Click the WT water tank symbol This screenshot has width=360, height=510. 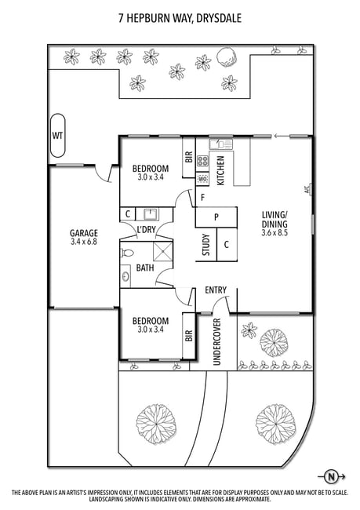57,135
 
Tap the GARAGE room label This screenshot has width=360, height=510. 84,233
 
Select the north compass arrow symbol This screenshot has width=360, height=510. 332,477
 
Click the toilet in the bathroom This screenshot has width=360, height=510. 127,253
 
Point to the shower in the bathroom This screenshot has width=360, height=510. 163,251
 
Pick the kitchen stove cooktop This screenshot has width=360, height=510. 202,160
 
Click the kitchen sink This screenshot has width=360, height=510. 221,144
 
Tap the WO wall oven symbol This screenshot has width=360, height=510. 202,179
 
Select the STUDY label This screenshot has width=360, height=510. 206,245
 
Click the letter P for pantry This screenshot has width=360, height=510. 216,217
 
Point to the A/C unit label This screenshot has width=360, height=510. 307,189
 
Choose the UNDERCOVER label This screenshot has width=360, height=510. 217,342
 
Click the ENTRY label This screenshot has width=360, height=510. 216,290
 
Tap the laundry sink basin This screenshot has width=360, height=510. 151,214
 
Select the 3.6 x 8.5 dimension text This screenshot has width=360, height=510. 275,232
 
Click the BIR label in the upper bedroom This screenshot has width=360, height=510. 189,157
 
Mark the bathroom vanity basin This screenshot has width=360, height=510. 125,276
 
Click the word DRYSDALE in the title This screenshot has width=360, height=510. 219,18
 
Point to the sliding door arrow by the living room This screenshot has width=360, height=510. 282,136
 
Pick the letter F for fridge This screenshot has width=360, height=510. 202,198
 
